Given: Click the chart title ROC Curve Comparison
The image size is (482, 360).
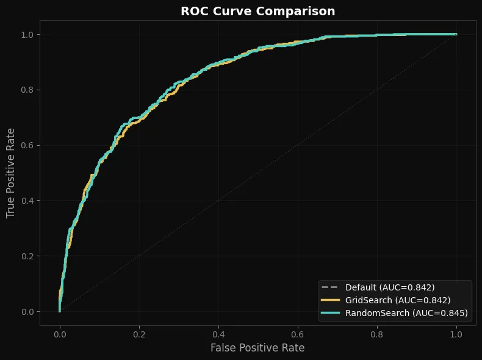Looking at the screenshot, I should pyautogui.click(x=257, y=11).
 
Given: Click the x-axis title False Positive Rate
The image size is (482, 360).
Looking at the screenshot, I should pyautogui.click(x=257, y=348).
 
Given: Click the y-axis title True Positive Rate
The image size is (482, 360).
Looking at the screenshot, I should pyautogui.click(x=10, y=173).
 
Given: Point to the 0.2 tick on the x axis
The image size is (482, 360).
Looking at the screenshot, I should pyautogui.click(x=139, y=334).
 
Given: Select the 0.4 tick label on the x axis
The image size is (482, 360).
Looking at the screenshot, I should pyautogui.click(x=218, y=334).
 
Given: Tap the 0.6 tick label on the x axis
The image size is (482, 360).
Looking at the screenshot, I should pyautogui.click(x=298, y=334).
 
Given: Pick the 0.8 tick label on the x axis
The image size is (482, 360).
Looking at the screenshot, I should pyautogui.click(x=377, y=334).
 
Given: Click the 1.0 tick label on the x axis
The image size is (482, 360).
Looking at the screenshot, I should pyautogui.click(x=456, y=334).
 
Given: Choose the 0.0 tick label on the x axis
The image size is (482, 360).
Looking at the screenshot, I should pyautogui.click(x=60, y=334).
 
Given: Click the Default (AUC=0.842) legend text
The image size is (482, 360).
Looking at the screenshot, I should pyautogui.click(x=390, y=287).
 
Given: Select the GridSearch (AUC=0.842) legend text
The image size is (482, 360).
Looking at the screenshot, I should pyautogui.click(x=398, y=300).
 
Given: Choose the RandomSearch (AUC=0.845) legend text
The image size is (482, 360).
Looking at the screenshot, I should pyautogui.click(x=406, y=313).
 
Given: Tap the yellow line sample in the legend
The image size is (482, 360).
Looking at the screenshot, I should pyautogui.click(x=330, y=300).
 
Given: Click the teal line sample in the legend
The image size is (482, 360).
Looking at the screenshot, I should pyautogui.click(x=330, y=313).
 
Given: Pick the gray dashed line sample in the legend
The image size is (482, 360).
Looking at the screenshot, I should pyautogui.click(x=330, y=287).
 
